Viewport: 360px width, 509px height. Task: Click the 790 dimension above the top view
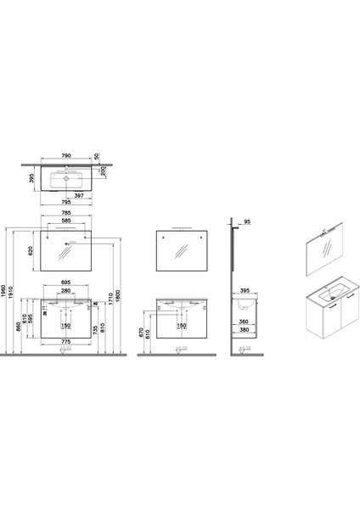pos(71,156)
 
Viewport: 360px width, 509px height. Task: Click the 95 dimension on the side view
pos(246,225)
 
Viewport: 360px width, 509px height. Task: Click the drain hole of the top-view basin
pos(65,180)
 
